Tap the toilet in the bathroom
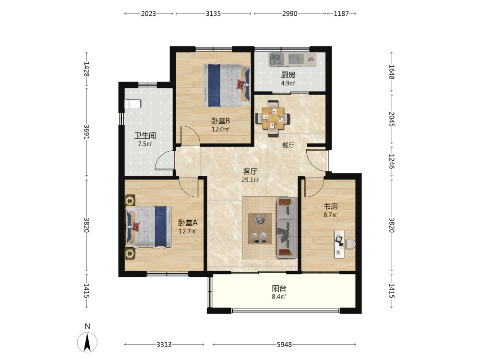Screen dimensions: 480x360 pos(132,104)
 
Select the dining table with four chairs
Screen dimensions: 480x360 pos(273,118)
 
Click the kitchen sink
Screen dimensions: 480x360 pos(276,60)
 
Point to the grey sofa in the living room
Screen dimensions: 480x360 pos(287,228)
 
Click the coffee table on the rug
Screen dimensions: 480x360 pos(260,228)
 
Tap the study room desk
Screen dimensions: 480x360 pos(339,244)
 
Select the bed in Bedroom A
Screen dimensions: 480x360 pos(148,227)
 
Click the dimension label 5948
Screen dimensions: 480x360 pos(284,345)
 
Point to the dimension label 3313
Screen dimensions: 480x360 pos(164,345)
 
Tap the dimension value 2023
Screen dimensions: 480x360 pos(148,13)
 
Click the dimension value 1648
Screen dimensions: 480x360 pos(392,72)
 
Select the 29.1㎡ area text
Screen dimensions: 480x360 pos(251,180)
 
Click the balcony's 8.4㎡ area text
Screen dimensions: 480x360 pos(279,297)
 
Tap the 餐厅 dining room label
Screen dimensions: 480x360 pos(288,145)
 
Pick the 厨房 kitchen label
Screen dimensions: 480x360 pos(288,75)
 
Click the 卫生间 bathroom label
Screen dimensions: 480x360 pos(145,136)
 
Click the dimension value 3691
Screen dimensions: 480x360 pos(86,132)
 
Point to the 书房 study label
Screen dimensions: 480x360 pos(331,206)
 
